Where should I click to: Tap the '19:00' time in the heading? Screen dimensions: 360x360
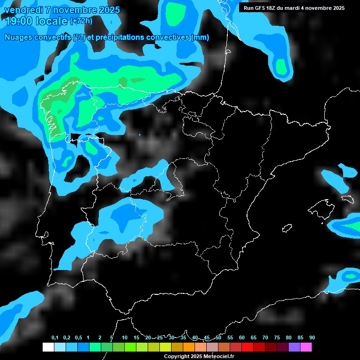[x=20, y=21]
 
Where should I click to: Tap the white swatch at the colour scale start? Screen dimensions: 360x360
[x=48, y=347]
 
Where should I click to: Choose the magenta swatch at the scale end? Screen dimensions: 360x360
[x=306, y=347]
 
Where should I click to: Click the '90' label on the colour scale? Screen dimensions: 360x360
[x=312, y=337]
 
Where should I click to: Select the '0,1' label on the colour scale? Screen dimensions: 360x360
[x=55, y=337]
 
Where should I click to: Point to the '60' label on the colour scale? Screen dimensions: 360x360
[x=242, y=337]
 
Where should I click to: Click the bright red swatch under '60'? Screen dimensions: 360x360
[x=247, y=347]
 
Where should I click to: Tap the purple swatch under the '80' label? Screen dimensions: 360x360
[x=294, y=347]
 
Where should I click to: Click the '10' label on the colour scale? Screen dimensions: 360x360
[x=125, y=337]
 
